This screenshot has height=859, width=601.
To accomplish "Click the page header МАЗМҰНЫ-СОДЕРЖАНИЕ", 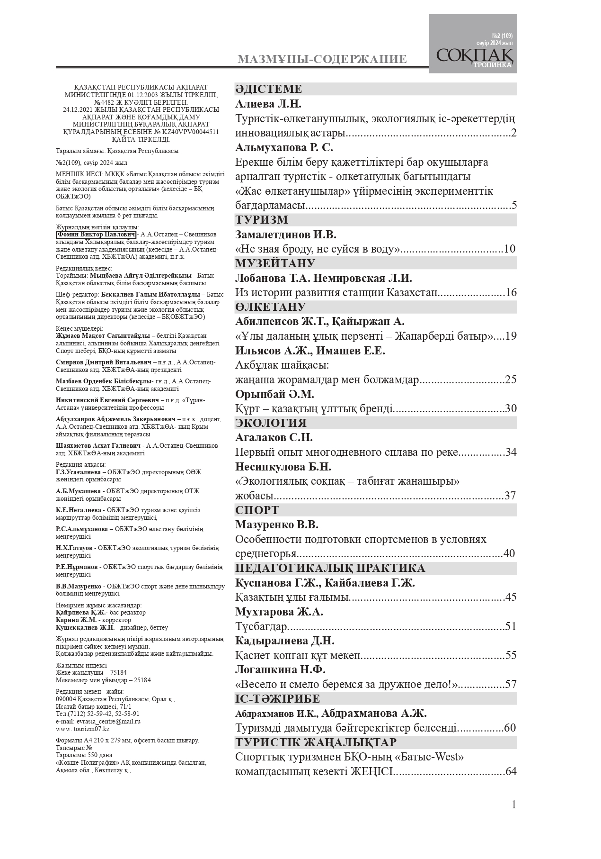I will (322, 59).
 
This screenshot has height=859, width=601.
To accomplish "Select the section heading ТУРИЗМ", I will (262, 220).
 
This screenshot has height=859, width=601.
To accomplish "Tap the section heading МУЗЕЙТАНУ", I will (275, 263).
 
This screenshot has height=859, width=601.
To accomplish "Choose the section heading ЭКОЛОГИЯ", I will (271, 423).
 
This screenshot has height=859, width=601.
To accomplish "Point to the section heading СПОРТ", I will (257, 510).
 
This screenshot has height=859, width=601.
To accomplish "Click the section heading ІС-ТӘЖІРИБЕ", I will (277, 699).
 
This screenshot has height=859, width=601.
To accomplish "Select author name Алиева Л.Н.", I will (268, 104).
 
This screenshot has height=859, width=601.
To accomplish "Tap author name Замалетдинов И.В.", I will (286, 235).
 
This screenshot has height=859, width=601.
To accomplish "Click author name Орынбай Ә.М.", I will (274, 394).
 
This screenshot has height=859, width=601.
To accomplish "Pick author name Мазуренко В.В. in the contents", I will (277, 525).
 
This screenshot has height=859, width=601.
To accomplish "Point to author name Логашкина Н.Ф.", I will (280, 670).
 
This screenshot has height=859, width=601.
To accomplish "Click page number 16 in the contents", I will (511, 292).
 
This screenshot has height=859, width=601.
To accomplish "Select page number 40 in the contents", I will (509, 553).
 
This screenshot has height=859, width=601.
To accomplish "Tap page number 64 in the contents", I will (511, 771).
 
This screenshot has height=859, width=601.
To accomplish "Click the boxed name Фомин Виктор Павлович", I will (97, 235).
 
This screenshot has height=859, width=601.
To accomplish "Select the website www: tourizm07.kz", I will (82, 729).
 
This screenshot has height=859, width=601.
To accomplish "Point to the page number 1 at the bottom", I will (513, 805).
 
